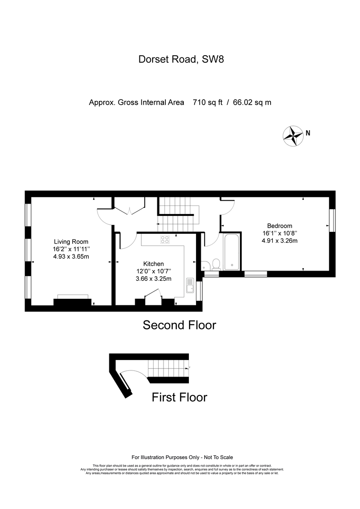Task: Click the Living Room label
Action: click(x=71, y=242)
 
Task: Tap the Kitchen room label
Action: click(x=154, y=264)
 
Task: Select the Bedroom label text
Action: click(x=279, y=226)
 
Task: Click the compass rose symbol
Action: click(x=293, y=136)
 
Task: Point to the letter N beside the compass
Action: click(x=308, y=133)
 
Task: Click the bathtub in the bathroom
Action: click(x=231, y=252)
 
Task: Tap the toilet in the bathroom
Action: click(x=215, y=264)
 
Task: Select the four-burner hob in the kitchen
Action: click(x=165, y=239)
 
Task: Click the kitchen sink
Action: click(x=189, y=286)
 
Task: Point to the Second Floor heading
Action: click(x=180, y=325)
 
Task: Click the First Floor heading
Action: click(x=180, y=397)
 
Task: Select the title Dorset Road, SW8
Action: click(x=181, y=59)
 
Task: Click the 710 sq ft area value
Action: click(x=208, y=103)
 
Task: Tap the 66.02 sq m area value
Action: click(x=252, y=103)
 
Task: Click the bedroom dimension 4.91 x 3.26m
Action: click(x=279, y=241)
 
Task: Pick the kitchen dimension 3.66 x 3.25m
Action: click(x=154, y=279)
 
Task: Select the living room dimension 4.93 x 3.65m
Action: click(x=71, y=257)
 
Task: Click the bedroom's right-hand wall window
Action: click(x=332, y=221)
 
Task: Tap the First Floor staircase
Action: click(x=168, y=369)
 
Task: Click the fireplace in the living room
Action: click(x=73, y=301)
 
